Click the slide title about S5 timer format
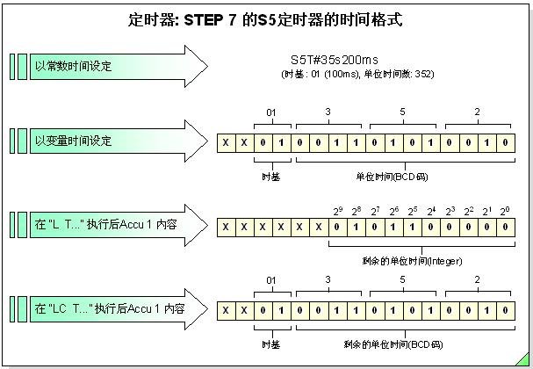tap(265, 18)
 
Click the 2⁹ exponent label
tap(338, 211)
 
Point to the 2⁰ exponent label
tap(504, 211)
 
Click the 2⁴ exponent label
tap(430, 211)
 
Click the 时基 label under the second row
tap(271, 175)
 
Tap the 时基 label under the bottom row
tap(271, 345)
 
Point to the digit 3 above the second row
tap(328, 112)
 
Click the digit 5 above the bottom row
tap(402, 282)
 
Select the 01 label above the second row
tap(271, 112)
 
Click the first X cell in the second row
tap(226, 141)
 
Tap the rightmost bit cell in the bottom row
tap(504, 310)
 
